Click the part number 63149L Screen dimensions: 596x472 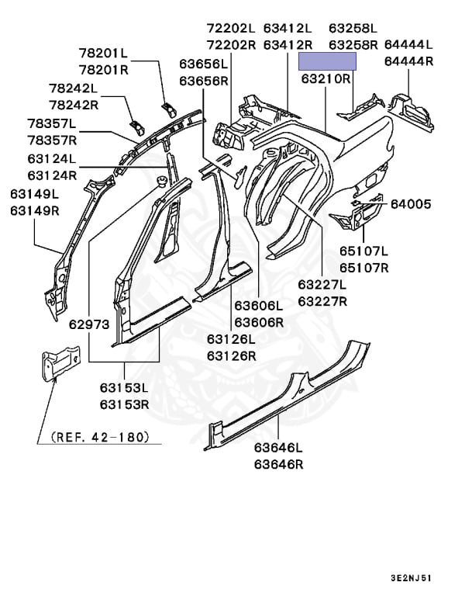(x=35, y=194)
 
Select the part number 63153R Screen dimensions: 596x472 (x=125, y=404)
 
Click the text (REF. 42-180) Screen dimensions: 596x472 (x=99, y=437)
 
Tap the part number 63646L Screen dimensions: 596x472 (x=278, y=448)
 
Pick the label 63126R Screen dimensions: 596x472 (x=231, y=355)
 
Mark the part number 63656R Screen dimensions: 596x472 (x=203, y=81)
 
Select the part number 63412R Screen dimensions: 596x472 (x=288, y=45)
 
